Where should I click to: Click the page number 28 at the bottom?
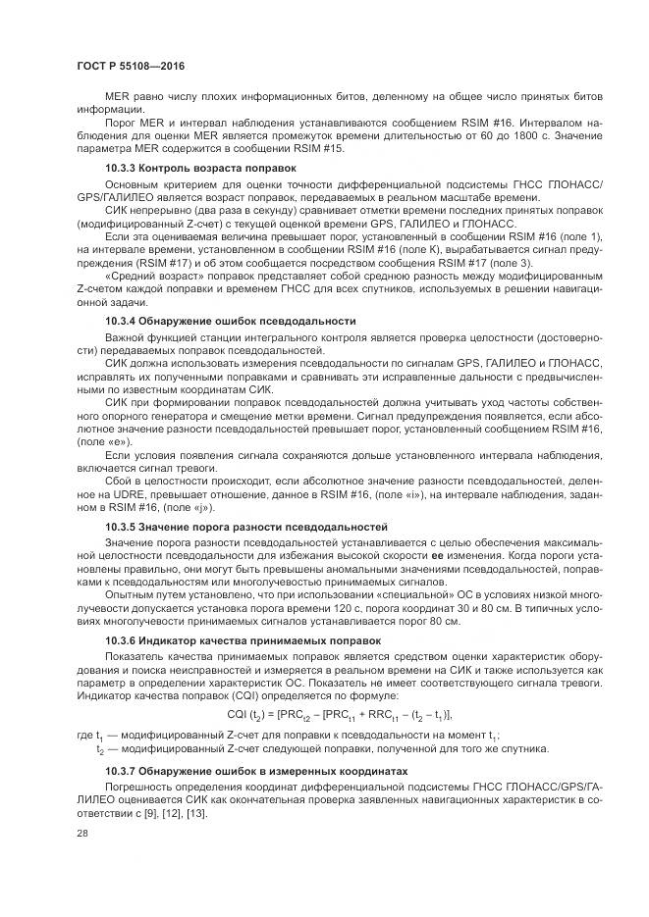[81, 832]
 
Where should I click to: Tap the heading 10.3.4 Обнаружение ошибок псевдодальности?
[230, 321]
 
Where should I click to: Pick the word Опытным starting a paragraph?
[129, 594]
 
